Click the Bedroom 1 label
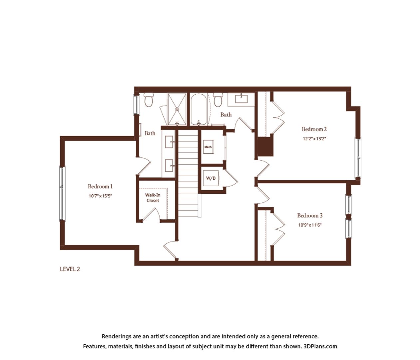[100, 186]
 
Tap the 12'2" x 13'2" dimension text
[314, 139]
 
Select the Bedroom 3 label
[310, 215]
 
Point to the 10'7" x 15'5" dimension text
[100, 196]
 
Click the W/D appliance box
[211, 178]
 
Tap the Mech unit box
[209, 147]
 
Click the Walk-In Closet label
[153, 198]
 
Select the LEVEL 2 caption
[70, 269]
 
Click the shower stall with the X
[177, 109]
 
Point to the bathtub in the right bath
[199, 109]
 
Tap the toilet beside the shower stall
[149, 100]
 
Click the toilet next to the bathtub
[218, 100]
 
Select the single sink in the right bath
[241, 99]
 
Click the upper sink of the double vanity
[169, 142]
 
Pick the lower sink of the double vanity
[169, 166]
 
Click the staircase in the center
[188, 173]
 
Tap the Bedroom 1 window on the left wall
[62, 193]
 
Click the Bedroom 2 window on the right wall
[358, 158]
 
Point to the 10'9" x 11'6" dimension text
[310, 225]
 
